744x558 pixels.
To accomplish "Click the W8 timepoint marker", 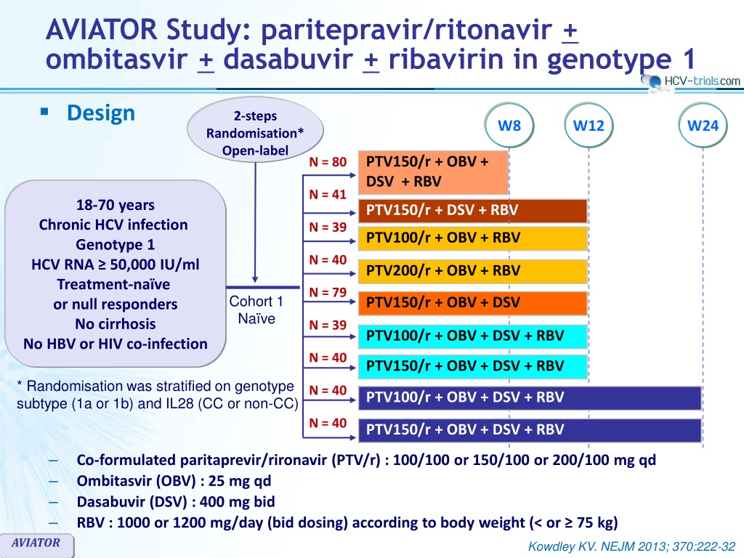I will tap(509, 125).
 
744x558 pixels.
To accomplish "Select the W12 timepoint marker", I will tap(589, 125).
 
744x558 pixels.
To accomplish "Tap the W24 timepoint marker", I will tap(703, 125).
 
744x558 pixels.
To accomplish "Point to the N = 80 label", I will tap(328, 161).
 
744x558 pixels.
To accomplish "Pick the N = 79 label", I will tap(328, 293).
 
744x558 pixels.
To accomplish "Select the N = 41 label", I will tap(328, 194).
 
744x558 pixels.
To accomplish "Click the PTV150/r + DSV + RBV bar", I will tap(472, 211).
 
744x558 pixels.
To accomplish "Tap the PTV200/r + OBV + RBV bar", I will tap(472, 271).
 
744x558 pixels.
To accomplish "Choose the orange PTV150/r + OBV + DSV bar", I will tap(472, 302).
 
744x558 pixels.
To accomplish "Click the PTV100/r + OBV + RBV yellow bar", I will tap(472, 238).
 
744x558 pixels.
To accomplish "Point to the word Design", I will tap(101, 113).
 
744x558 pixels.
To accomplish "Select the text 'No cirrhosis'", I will tap(115, 324).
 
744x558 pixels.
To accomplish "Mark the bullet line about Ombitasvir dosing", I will tap(174, 481).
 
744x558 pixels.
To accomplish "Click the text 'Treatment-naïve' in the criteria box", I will tap(115, 284).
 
